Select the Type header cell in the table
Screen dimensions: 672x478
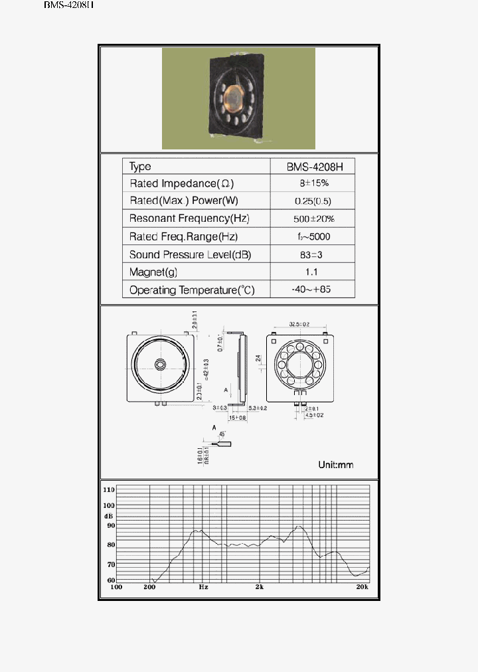(140, 166)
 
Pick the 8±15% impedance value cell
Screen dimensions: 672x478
(312, 183)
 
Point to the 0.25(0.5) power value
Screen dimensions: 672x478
(312, 201)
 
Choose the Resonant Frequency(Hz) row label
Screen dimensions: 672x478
(189, 218)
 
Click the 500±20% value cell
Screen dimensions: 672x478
(313, 218)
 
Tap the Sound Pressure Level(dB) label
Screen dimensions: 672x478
(190, 254)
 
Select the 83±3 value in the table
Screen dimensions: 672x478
(312, 254)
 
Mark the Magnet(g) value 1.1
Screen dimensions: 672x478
(312, 272)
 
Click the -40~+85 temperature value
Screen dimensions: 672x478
(312, 290)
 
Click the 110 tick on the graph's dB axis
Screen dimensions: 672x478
(110, 489)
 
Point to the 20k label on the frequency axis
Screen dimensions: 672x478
(362, 587)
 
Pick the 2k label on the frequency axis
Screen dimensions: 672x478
(259, 587)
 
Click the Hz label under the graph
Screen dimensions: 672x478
(203, 587)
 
